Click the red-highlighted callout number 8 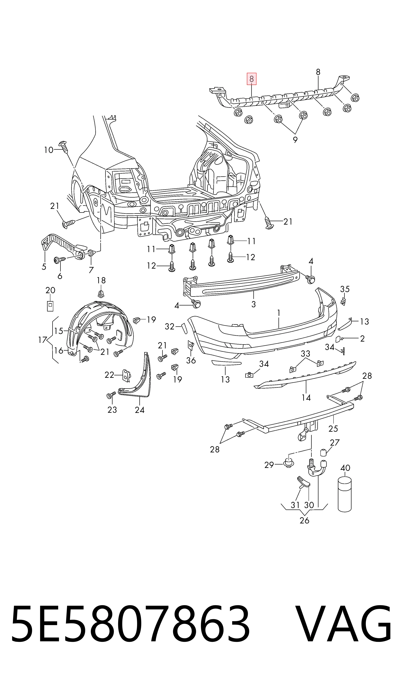click(251, 79)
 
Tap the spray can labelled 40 click(345, 494)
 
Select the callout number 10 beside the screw click(49, 150)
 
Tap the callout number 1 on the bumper click(278, 313)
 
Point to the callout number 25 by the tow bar click(333, 429)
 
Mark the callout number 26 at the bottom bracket click(305, 520)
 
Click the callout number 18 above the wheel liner click(101, 280)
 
